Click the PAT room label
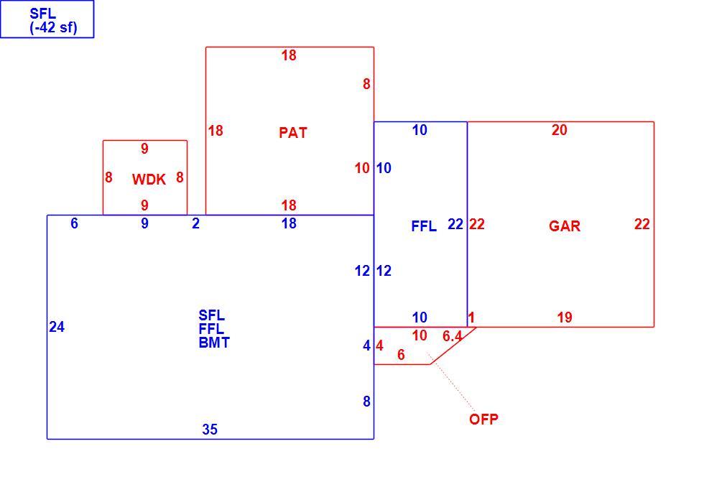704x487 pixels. pyautogui.click(x=293, y=133)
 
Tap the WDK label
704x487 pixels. pyautogui.click(x=149, y=180)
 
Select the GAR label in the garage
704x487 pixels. pyautogui.click(x=565, y=226)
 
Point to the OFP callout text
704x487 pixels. pyautogui.click(x=483, y=419)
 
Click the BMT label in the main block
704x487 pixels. pyautogui.click(x=214, y=343)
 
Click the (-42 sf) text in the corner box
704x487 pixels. pyautogui.click(x=53, y=28)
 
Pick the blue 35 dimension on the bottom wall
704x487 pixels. pyautogui.click(x=210, y=430)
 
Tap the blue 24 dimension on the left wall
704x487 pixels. pyautogui.click(x=57, y=327)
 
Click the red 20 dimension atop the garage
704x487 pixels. pyautogui.click(x=560, y=130)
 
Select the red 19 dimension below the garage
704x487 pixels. pyautogui.click(x=565, y=317)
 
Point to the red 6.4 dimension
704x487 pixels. pyautogui.click(x=452, y=336)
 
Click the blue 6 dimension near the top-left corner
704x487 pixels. pyautogui.click(x=74, y=223)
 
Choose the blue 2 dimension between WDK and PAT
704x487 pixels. pyautogui.click(x=195, y=223)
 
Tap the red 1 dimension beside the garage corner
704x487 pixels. pyautogui.click(x=471, y=317)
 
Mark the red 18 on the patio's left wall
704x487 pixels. pyautogui.click(x=216, y=131)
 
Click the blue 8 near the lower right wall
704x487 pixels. pyautogui.click(x=367, y=402)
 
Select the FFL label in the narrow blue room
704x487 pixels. pyautogui.click(x=424, y=226)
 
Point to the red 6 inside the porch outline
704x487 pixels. pyautogui.click(x=401, y=355)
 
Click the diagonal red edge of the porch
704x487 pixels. pyautogui.click(x=453, y=345)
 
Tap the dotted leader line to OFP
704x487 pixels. pyautogui.click(x=451, y=382)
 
